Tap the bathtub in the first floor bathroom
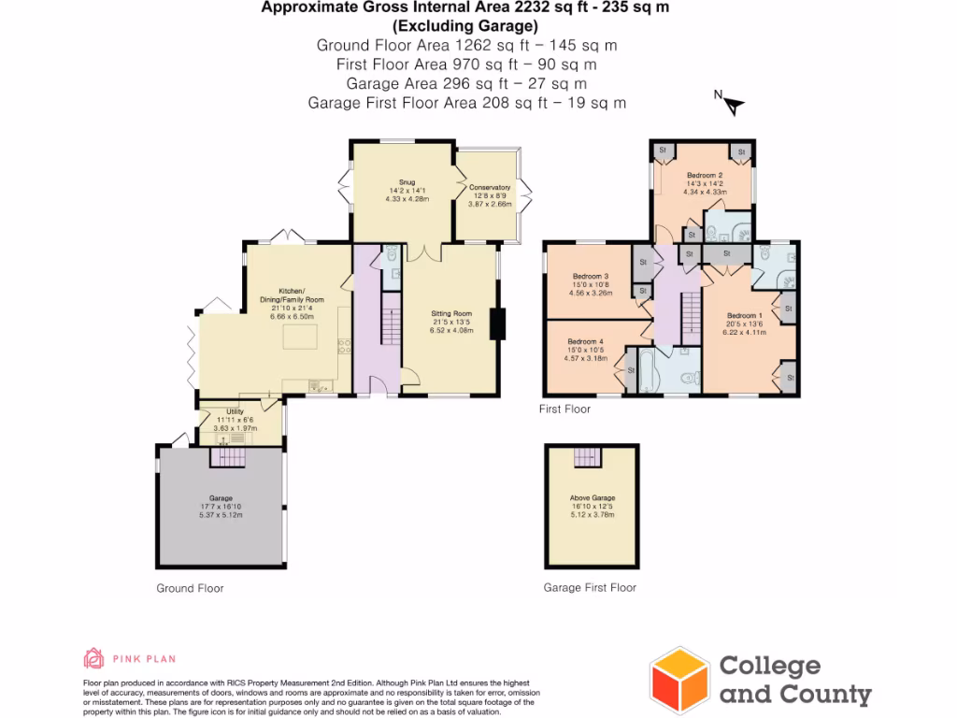pos(643,369)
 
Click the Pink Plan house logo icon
pos(93,658)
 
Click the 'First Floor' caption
pos(564,409)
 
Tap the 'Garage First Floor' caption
pos(590,588)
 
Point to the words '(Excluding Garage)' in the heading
pos(464,26)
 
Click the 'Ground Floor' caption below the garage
pos(190,589)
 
